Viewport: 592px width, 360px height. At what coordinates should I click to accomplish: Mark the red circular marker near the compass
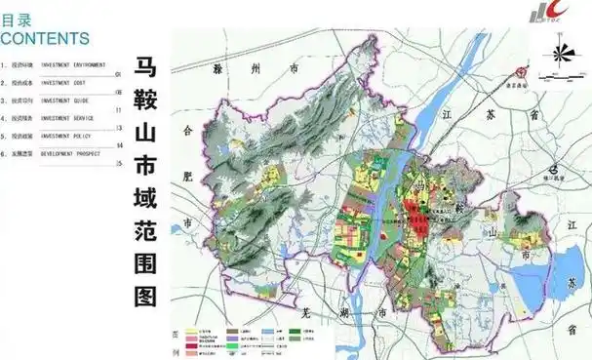pyautogui.click(x=524, y=73)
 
